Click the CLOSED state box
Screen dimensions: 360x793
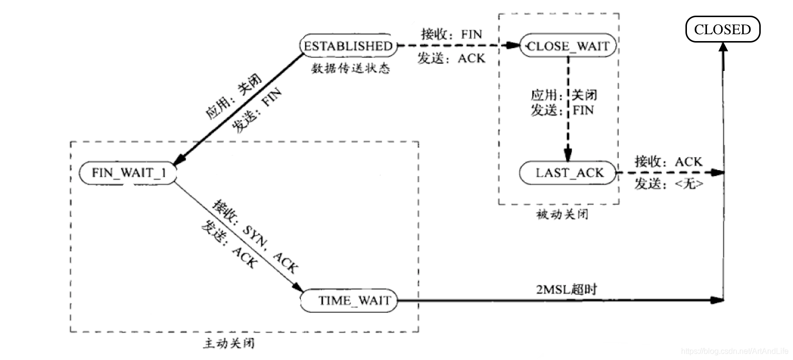(x=722, y=29)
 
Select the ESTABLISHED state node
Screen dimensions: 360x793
(x=348, y=46)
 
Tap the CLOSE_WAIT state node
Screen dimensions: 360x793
(x=568, y=46)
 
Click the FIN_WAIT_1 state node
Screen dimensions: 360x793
(x=128, y=173)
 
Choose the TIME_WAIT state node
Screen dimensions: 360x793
(x=354, y=300)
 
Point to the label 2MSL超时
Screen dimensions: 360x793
(x=566, y=289)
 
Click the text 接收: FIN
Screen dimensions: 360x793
(x=451, y=34)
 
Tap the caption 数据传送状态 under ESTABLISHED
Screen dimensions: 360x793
(x=351, y=68)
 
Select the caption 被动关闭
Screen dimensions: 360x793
(x=562, y=214)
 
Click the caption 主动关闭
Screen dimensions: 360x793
(x=228, y=343)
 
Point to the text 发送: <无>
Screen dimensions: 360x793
(x=669, y=184)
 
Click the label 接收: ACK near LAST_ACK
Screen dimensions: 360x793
(x=668, y=161)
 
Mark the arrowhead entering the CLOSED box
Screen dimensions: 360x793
(x=723, y=47)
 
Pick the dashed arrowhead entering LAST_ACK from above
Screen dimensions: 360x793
(x=568, y=157)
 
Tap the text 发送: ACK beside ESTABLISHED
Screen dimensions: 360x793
(x=451, y=58)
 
